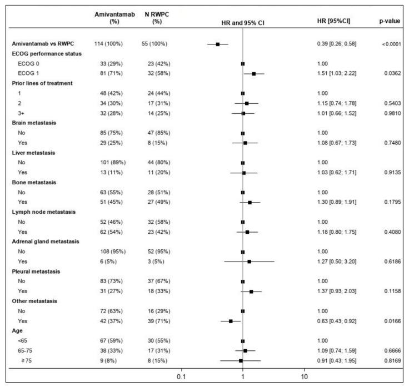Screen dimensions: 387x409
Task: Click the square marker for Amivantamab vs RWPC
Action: tap(218, 43)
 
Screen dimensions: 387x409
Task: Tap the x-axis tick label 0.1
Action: tap(181, 378)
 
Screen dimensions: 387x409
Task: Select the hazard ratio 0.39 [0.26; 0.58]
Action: tap(340, 43)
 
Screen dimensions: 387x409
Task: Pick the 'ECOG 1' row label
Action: tap(34, 73)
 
